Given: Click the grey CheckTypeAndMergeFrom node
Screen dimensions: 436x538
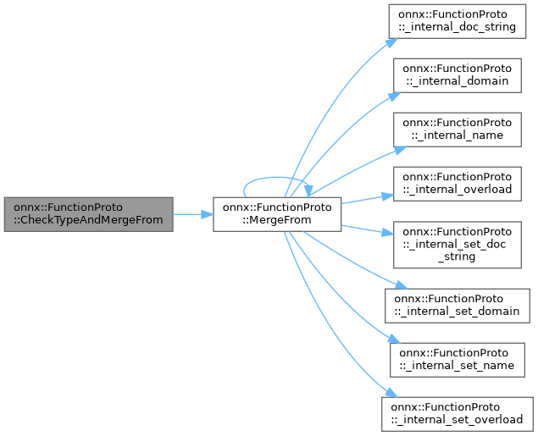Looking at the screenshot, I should pos(88,214).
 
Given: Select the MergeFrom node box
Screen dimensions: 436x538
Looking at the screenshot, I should pos(276,214).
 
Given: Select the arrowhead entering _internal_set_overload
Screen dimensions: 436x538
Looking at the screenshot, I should pos(387,395).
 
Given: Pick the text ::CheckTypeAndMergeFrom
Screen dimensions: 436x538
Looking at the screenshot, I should pos(88,220).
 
